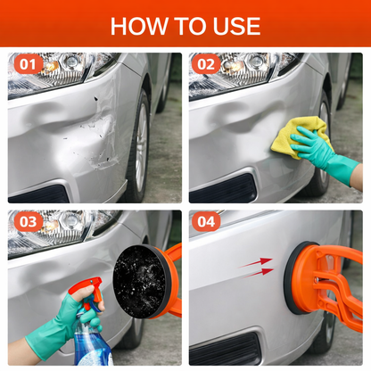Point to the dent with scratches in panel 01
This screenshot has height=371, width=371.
click(94, 134)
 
